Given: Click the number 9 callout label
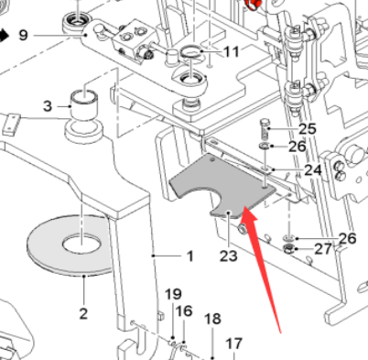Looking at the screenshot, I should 23,36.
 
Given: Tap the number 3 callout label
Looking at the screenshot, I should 48,107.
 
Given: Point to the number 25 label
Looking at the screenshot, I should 307,128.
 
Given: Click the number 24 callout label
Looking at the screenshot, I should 312,170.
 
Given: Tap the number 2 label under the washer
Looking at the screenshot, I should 82,314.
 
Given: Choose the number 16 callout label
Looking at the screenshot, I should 183,311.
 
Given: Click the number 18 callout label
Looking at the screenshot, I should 212,319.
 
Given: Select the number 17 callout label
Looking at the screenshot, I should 234,344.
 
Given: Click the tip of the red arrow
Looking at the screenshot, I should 245,210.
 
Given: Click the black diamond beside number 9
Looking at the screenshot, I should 4,36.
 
